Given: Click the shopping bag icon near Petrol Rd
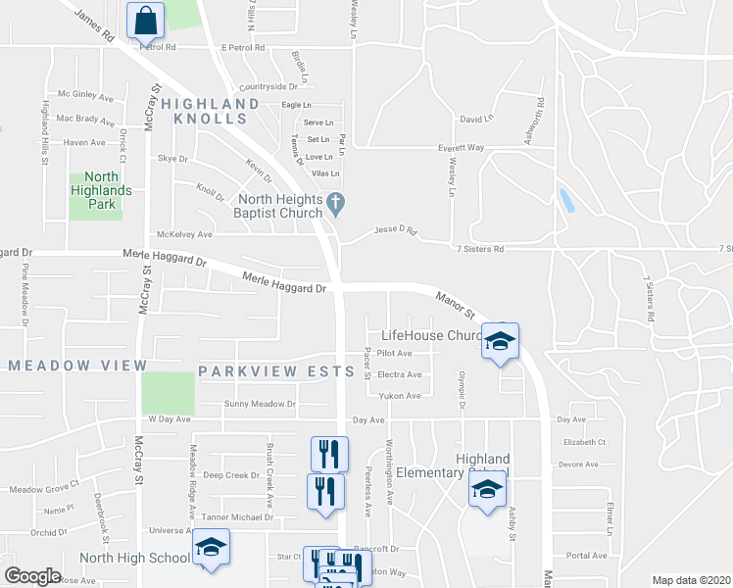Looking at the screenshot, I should [145, 19].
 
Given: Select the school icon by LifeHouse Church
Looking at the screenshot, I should [500, 341].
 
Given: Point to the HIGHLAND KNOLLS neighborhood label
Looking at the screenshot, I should [211, 111].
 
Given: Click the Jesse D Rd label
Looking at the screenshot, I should [395, 232].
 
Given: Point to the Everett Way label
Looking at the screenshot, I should [461, 148].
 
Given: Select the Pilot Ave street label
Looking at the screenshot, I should [395, 353].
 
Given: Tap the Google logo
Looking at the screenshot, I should [32, 576].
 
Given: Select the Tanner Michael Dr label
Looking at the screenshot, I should [236, 516].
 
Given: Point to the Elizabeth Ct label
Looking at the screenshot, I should [585, 442].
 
